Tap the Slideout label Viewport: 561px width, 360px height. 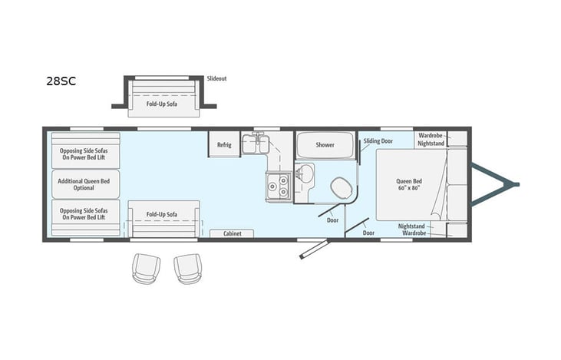pyautogui.click(x=217, y=78)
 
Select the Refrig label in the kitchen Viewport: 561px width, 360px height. pyautogui.click(x=224, y=145)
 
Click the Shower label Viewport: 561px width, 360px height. pyautogui.click(x=325, y=145)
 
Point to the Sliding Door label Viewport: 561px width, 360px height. pyautogui.click(x=378, y=142)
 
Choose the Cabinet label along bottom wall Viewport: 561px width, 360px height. pyautogui.click(x=233, y=233)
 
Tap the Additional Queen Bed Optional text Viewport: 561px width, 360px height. pyautogui.click(x=85, y=184)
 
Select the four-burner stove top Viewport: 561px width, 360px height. pyautogui.click(x=277, y=185)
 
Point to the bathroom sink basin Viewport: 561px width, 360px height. pyautogui.click(x=306, y=170)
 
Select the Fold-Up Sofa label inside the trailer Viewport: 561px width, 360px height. pyautogui.click(x=162, y=214)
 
